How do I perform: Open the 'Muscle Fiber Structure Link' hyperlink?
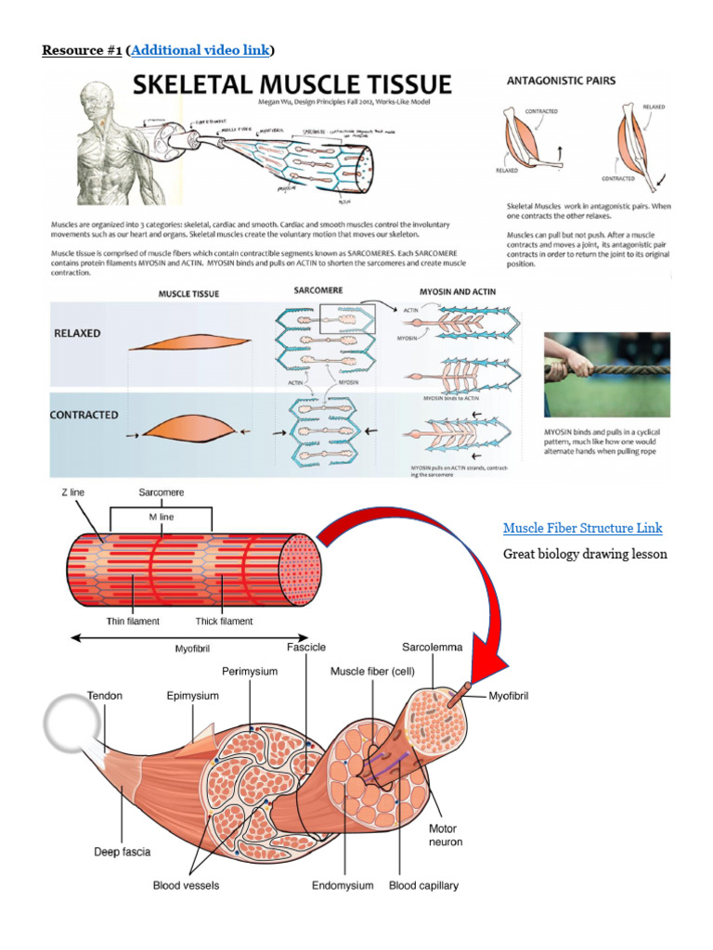tap(582, 528)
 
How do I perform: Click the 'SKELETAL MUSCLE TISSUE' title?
tap(292, 85)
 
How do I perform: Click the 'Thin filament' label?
tap(132, 622)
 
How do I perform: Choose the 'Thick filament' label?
tap(225, 622)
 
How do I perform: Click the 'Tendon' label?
tap(105, 695)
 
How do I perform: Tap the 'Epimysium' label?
tap(192, 695)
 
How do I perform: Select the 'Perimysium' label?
tap(250, 671)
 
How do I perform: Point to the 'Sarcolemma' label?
tap(432, 647)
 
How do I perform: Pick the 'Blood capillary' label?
tap(423, 886)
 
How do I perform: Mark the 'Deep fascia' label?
tap(123, 852)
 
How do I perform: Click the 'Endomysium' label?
tap(343, 886)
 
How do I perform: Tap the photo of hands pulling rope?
tap(606, 375)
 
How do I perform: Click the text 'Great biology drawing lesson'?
tap(585, 555)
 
